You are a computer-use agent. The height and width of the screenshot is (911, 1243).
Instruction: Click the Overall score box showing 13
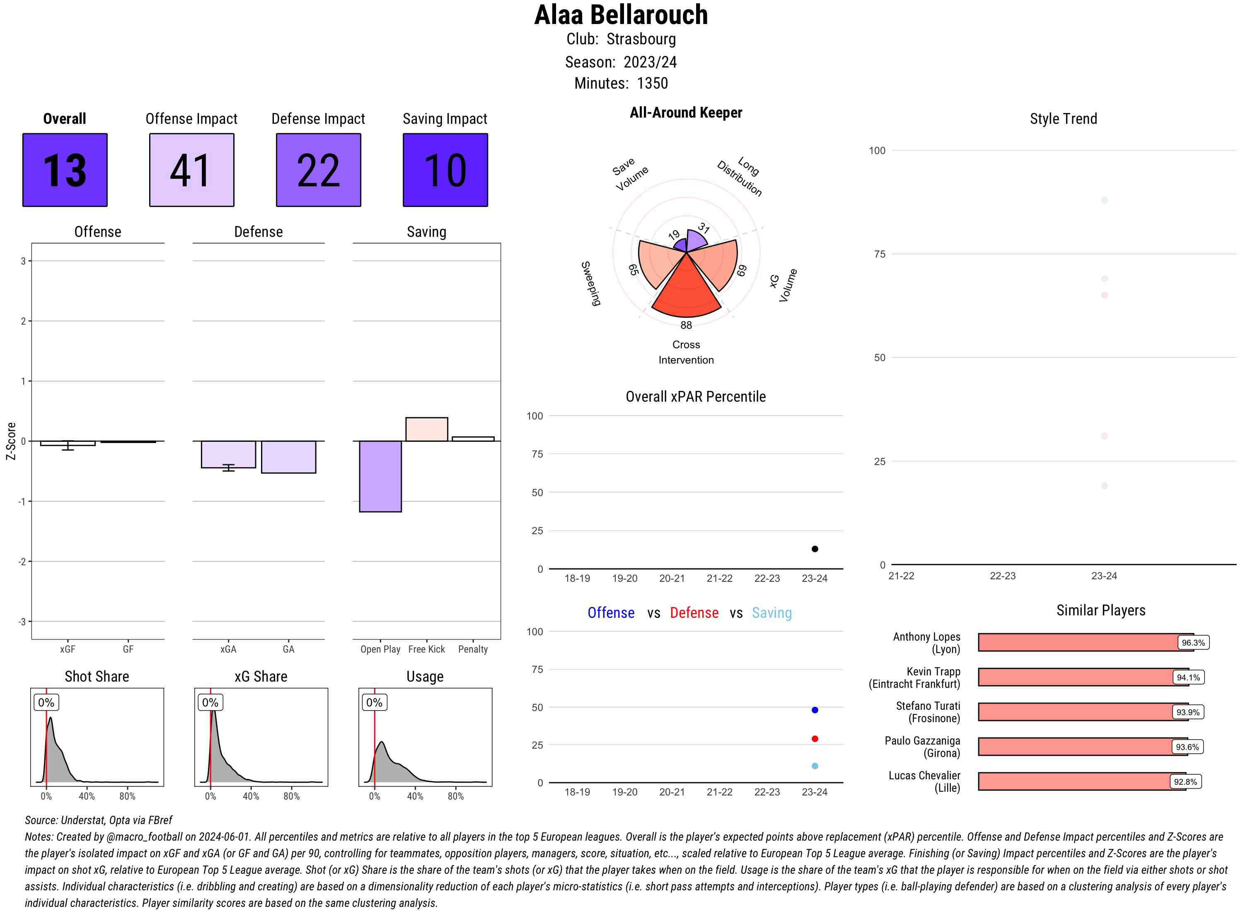[x=65, y=170]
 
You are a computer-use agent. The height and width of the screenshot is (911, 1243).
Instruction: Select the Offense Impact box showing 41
[x=191, y=170]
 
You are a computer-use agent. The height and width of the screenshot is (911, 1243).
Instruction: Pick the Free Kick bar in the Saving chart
[x=426, y=429]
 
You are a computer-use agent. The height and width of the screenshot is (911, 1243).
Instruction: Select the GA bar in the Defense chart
[x=288, y=457]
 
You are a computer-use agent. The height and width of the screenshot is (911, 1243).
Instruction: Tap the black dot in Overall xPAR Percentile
[x=814, y=549]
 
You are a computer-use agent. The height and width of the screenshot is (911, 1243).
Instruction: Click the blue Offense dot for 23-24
[x=814, y=710]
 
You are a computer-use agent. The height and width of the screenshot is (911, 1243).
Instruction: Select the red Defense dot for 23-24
[x=814, y=738]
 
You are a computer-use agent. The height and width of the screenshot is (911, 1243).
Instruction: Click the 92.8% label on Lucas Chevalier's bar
[x=1185, y=781]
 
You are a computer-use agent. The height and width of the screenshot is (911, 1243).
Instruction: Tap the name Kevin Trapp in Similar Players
[x=933, y=671]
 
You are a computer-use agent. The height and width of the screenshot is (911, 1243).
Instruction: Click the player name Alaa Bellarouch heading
[x=621, y=15]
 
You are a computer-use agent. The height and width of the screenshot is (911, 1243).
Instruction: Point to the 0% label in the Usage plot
[x=374, y=702]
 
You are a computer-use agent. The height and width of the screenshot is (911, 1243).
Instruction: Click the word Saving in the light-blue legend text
[x=771, y=613]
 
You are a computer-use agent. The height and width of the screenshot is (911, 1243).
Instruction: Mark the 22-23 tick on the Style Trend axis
[x=1002, y=576]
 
